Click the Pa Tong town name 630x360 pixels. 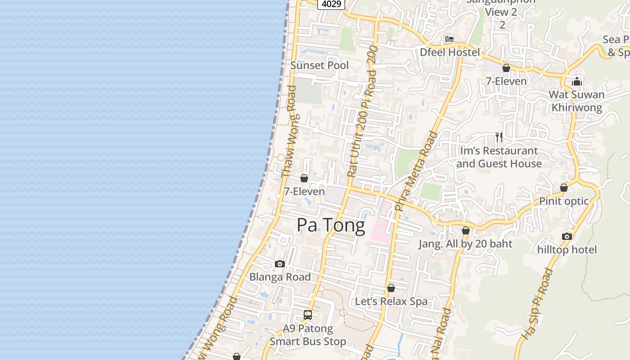click(x=331, y=225)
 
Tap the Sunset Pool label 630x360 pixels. click(x=319, y=65)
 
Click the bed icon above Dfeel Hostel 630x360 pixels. click(x=450, y=39)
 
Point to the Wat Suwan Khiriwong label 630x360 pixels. click(x=576, y=101)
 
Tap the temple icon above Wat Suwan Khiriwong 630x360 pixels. click(x=577, y=81)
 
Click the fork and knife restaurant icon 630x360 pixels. click(x=499, y=137)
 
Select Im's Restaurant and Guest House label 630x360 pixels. click(x=499, y=157)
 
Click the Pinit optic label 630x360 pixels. click(x=564, y=201)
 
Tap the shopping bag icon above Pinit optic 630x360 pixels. click(x=564, y=188)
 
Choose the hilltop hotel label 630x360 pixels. click(x=567, y=250)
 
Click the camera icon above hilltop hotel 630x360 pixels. click(x=567, y=237)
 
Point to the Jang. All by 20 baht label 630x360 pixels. click(x=465, y=244)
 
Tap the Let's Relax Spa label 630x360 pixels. click(x=391, y=301)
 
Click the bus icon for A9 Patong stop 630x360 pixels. click(x=308, y=315)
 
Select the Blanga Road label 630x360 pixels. click(x=280, y=277)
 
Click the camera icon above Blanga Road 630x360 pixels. click(x=280, y=264)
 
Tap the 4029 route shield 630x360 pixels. click(x=331, y=4)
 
